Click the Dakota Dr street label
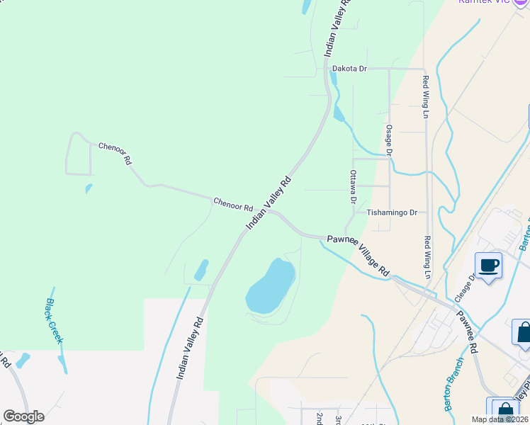[349, 69]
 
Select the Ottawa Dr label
[352, 186]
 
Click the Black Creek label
[55, 320]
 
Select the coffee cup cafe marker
[489, 266]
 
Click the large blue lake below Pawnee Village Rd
[270, 285]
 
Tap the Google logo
[23, 416]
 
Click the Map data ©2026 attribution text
[500, 419]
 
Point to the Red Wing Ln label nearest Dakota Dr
[426, 96]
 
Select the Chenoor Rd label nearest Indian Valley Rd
[233, 205]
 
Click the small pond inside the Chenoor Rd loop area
[89, 188]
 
